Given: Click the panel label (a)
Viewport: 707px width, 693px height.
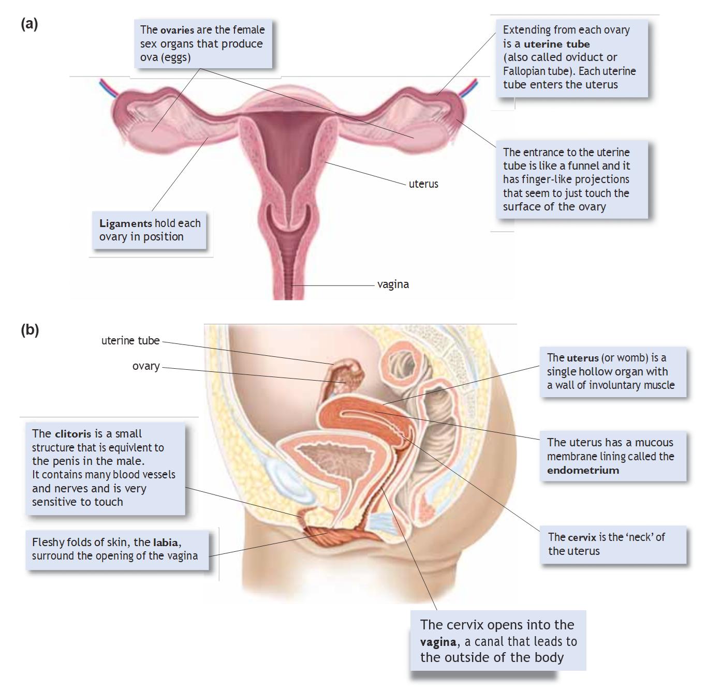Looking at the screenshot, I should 30,24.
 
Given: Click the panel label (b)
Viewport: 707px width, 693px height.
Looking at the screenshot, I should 30,329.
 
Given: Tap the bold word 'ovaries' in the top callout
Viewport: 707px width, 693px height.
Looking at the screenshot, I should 177,30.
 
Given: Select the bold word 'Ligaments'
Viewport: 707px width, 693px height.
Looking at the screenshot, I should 125,223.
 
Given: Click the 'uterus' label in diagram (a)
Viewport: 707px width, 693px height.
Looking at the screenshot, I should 423,184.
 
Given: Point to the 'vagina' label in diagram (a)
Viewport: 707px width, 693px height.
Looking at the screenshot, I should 393,284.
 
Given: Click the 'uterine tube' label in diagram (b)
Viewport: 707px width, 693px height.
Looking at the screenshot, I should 130,341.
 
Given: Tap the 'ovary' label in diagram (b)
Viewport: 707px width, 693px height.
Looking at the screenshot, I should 146,366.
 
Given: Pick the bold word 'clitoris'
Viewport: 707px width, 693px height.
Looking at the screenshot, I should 72,434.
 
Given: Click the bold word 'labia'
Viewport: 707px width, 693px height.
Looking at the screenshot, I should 166,543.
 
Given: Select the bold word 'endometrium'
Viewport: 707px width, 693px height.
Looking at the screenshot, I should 583,470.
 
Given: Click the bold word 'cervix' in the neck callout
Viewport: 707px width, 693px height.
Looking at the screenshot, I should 582,537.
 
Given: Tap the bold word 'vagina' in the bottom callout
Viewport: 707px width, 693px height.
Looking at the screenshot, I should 438,642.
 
